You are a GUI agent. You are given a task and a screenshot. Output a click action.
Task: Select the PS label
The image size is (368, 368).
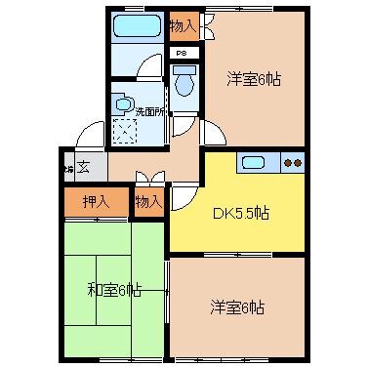(x=182, y=53)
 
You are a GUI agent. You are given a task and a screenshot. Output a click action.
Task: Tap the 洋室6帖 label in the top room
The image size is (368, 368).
(x=255, y=79)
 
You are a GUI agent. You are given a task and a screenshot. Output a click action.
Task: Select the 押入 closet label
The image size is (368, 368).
(x=95, y=202)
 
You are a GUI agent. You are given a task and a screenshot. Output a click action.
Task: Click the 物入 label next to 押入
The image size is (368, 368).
(x=147, y=202)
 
